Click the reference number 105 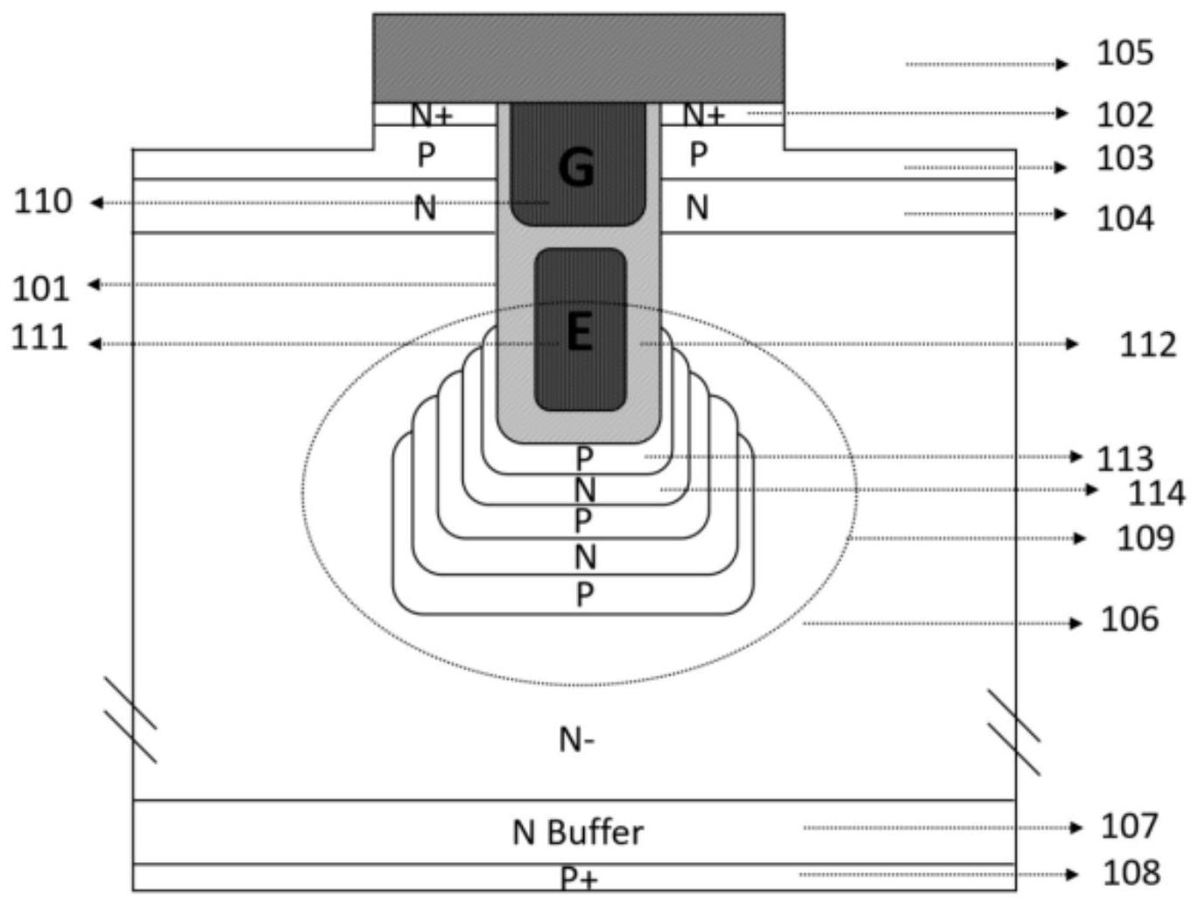click(x=1124, y=53)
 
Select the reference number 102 click(x=1124, y=115)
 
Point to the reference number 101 click(x=41, y=289)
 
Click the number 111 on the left click(x=39, y=337)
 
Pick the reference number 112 click(x=1148, y=345)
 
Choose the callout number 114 click(x=1156, y=493)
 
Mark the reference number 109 click(x=1145, y=538)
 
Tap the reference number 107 click(x=1129, y=826)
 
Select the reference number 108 click(x=1131, y=873)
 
